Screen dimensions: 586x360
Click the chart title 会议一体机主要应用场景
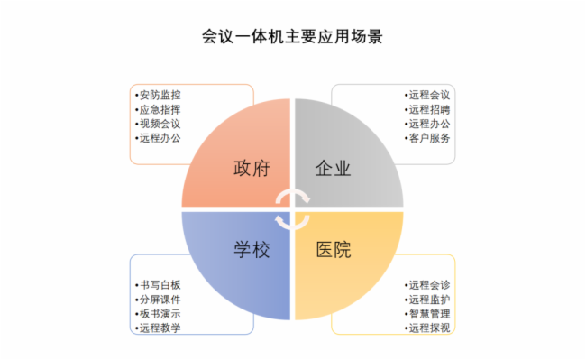292,38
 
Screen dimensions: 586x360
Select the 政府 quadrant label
250,170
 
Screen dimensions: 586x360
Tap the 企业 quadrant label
333,170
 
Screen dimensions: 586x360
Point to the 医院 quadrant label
333,249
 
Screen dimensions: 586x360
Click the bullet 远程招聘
428,109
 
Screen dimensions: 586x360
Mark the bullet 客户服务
428,138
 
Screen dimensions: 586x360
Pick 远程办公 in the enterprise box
428,124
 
